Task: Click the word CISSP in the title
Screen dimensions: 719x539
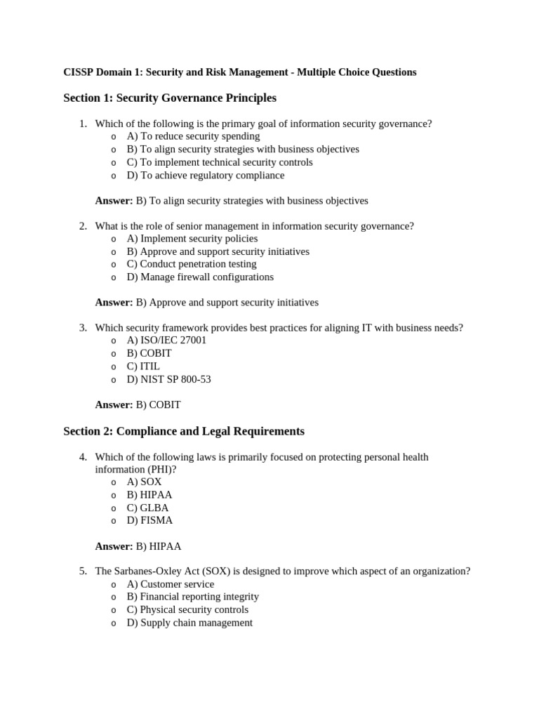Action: point(78,72)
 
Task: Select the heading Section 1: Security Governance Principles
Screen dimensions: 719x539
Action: point(170,98)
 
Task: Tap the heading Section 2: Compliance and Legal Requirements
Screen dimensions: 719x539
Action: point(184,431)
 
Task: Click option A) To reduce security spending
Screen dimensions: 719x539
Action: point(193,136)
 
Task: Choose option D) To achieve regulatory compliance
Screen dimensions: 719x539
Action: point(205,175)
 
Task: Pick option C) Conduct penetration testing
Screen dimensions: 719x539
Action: point(192,264)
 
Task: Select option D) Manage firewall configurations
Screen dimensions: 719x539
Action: point(200,277)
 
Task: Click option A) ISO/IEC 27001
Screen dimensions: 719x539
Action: point(166,341)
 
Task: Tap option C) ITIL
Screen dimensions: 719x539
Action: point(143,367)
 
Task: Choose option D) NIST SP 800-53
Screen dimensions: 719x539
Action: point(168,379)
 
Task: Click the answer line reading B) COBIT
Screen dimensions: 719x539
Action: point(158,405)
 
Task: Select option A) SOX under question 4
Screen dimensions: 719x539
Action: point(144,482)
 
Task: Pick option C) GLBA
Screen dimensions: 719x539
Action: point(147,508)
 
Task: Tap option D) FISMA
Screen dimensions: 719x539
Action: point(149,520)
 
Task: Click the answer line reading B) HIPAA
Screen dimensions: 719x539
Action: point(159,546)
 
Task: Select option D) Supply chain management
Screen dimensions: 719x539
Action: point(189,623)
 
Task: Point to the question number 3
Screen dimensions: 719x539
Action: point(83,328)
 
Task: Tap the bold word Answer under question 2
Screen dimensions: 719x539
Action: point(114,303)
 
